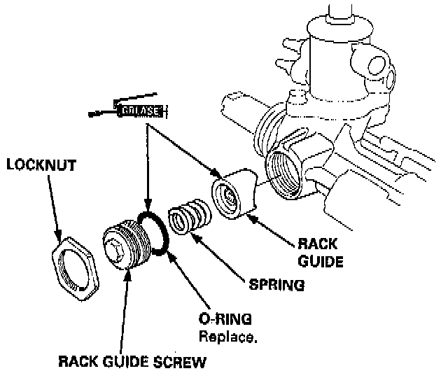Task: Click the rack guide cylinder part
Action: pyautogui.click(x=233, y=194)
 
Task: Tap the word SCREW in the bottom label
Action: pyautogui.click(x=183, y=363)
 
